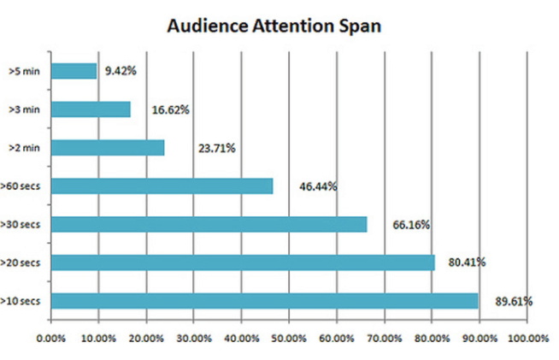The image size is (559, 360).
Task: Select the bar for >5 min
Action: pos(74,71)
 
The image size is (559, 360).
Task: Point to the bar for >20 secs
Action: pos(244,262)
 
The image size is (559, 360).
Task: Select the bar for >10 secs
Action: pos(265,300)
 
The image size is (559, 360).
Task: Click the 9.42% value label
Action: pos(120,71)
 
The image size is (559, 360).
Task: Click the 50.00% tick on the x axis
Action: pos(289,338)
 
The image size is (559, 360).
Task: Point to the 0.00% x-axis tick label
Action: pos(51,338)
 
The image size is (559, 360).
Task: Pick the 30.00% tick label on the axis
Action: pos(194,338)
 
